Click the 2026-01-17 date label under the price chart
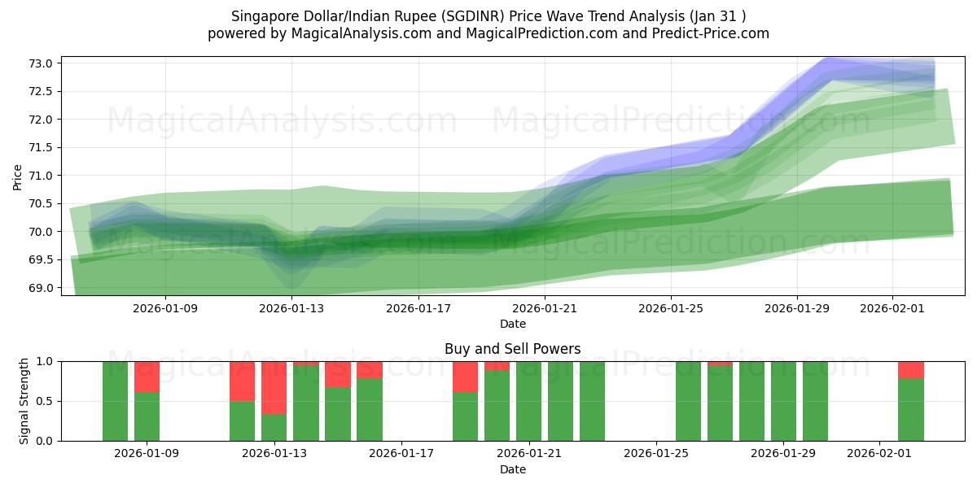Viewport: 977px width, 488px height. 418,308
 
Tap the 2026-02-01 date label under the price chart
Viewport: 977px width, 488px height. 892,308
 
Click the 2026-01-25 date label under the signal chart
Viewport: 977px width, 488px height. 656,454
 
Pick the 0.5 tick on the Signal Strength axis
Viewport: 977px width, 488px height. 46,401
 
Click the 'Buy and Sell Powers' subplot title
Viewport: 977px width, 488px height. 512,349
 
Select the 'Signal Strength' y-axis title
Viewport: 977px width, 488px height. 24,401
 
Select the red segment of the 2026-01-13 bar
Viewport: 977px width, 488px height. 274,387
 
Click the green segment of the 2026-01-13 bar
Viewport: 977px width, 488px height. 274,428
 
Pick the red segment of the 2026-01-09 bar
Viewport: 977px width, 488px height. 147,377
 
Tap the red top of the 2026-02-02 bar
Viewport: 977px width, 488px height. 910,369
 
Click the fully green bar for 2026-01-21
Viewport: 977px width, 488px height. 528,401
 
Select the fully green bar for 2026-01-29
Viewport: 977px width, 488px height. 783,401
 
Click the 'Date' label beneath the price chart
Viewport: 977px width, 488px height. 512,324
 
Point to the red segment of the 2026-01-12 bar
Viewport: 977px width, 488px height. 242,381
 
